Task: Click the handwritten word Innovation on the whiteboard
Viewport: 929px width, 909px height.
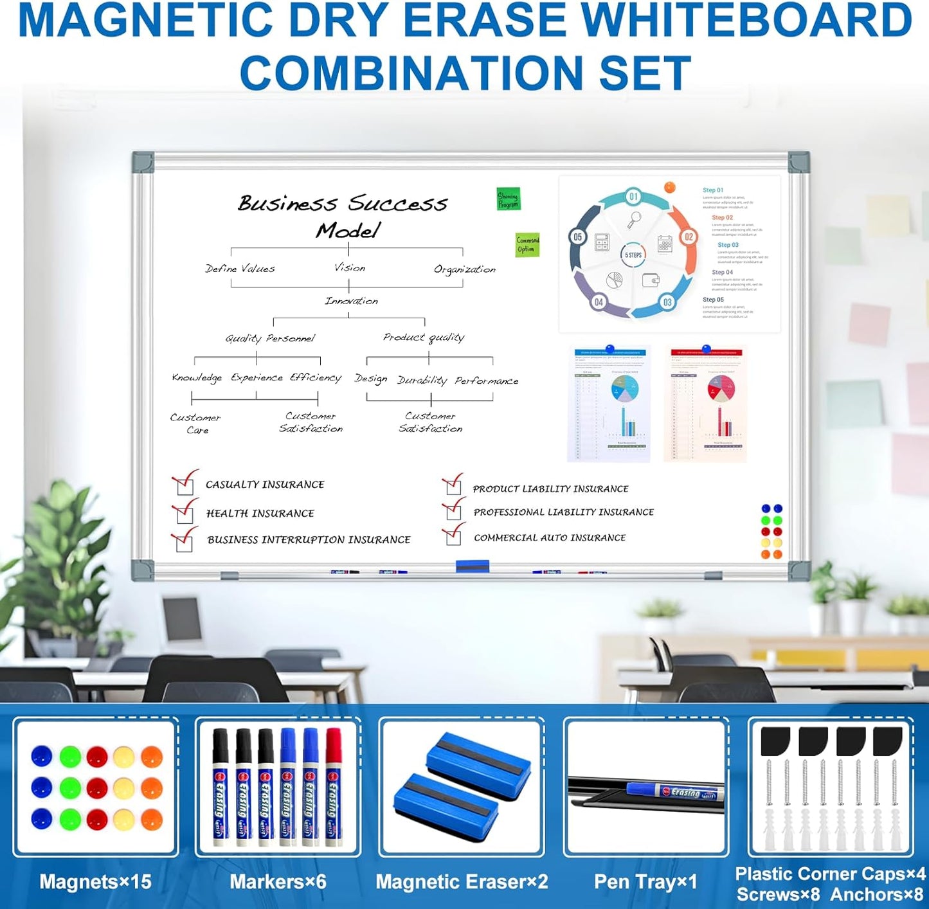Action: pyautogui.click(x=351, y=301)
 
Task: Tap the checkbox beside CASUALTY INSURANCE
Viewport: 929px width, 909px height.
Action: pyautogui.click(x=185, y=487)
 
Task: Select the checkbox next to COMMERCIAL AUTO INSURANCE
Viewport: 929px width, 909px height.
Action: pyautogui.click(x=453, y=537)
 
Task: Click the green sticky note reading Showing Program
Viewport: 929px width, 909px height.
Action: pyautogui.click(x=508, y=199)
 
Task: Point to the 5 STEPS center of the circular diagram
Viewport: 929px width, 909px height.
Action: pyautogui.click(x=633, y=255)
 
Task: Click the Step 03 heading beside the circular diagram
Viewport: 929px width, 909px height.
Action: pyautogui.click(x=728, y=245)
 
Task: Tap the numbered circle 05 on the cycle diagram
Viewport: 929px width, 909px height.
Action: pyautogui.click(x=577, y=237)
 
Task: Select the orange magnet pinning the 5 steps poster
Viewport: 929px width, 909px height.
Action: pyautogui.click(x=669, y=188)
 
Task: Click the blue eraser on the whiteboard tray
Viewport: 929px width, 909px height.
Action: pyautogui.click(x=473, y=566)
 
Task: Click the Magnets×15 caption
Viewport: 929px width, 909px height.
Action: pyautogui.click(x=95, y=881)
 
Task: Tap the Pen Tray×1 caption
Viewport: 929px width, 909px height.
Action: pyautogui.click(x=645, y=881)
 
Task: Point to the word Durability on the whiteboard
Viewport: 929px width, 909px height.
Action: pyautogui.click(x=422, y=380)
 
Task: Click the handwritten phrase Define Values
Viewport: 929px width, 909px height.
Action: pyautogui.click(x=240, y=269)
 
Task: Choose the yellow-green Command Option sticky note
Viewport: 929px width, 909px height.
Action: pyautogui.click(x=527, y=245)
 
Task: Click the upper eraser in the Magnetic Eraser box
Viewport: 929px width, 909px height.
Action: pyautogui.click(x=479, y=764)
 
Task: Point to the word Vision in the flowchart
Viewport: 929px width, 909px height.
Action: pyautogui.click(x=350, y=267)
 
